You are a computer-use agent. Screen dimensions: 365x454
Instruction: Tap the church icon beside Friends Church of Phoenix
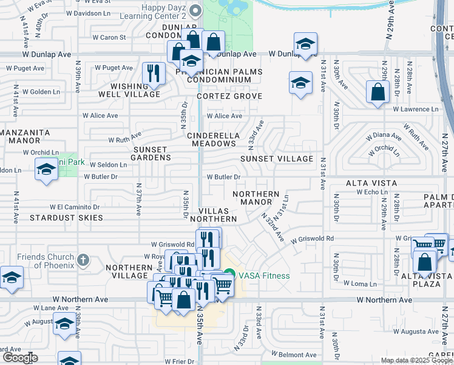(x=83, y=260)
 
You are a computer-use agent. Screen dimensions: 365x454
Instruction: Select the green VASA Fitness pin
(x=229, y=276)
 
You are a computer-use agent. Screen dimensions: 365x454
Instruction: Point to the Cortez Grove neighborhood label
(x=229, y=96)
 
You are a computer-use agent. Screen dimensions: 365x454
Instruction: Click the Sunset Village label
(x=276, y=159)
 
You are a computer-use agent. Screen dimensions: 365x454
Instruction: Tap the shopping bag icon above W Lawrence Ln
(x=378, y=93)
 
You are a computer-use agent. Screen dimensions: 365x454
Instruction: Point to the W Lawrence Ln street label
(x=415, y=109)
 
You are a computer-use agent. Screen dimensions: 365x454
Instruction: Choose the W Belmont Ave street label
(x=294, y=354)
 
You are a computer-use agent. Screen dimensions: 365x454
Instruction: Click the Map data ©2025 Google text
(x=416, y=360)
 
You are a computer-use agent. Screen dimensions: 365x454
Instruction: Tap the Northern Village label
(x=129, y=271)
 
